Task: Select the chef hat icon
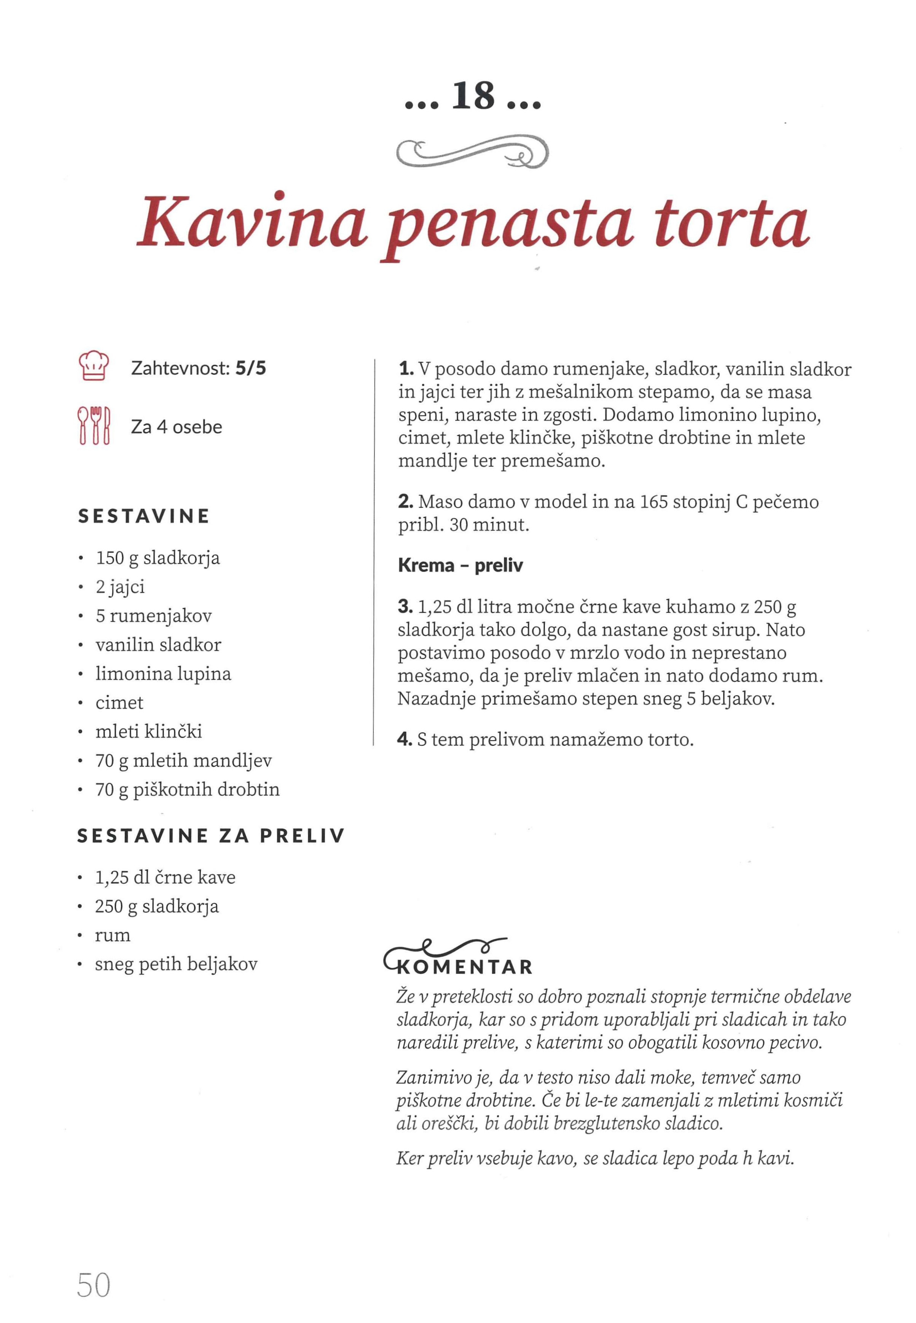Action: click(92, 365)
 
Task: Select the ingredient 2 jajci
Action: click(121, 587)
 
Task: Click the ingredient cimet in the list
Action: click(119, 703)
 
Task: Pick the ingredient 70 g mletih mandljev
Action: click(184, 761)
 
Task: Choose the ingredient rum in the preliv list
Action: click(113, 935)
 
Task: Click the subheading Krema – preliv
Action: click(460, 566)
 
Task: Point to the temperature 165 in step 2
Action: click(653, 502)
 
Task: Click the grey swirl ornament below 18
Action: click(472, 152)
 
